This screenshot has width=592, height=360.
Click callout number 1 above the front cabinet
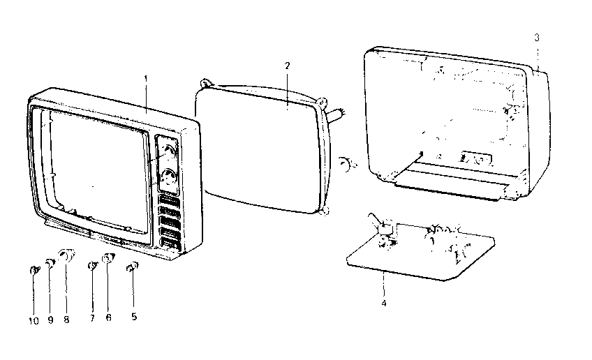(x=145, y=78)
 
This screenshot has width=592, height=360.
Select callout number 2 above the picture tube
(x=287, y=65)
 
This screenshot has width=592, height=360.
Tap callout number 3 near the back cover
(x=536, y=38)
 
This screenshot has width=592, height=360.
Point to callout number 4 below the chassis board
(x=383, y=303)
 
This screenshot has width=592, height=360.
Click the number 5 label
(x=134, y=317)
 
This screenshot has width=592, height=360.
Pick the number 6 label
(x=108, y=317)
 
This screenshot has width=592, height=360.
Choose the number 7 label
(x=92, y=317)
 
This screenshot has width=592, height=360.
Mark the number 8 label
(x=67, y=320)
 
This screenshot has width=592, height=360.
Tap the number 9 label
(x=50, y=320)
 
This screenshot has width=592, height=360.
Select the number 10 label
(x=34, y=320)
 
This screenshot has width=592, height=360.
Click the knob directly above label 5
(x=132, y=267)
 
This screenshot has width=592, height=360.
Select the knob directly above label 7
(x=93, y=266)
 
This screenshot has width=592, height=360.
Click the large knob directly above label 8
(x=68, y=255)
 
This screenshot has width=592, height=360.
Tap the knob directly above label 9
(x=50, y=264)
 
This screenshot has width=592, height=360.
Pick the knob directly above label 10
(x=34, y=270)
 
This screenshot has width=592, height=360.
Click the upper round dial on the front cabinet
(x=168, y=151)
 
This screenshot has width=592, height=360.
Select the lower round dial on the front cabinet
(x=168, y=178)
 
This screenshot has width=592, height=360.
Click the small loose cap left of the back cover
(x=344, y=164)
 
